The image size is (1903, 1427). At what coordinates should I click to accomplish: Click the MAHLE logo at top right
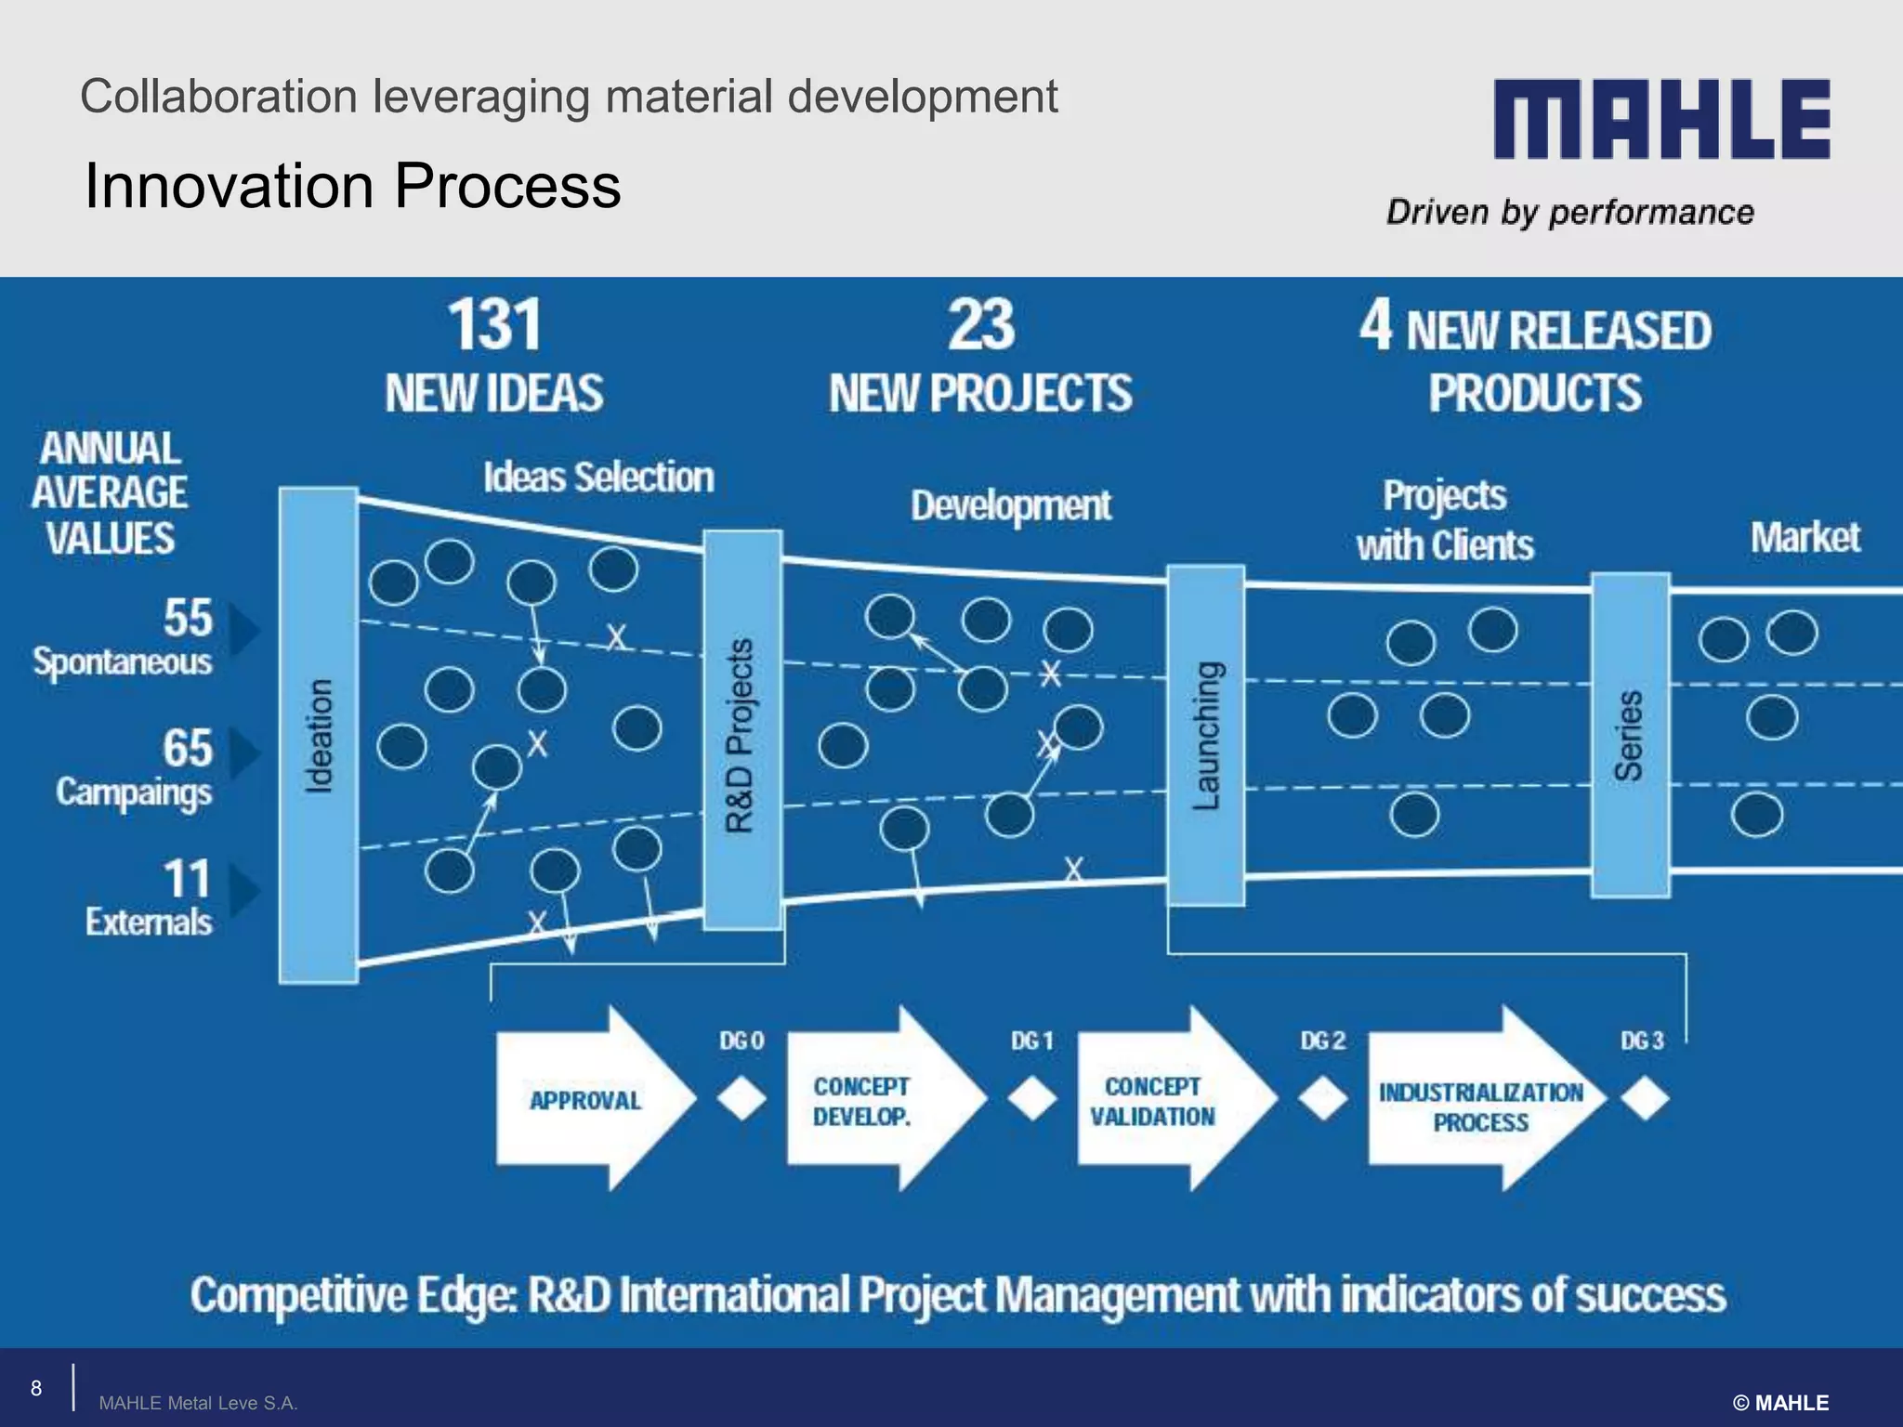pos(1661,119)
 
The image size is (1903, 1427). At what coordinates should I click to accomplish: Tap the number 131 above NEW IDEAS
pos(494,325)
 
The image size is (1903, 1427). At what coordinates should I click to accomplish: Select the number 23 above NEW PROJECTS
pos(981,325)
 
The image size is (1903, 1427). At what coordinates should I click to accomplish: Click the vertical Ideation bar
pos(319,735)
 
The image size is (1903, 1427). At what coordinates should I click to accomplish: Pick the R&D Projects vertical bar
pos(742,730)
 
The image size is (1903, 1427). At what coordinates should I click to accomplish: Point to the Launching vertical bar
pos(1205,735)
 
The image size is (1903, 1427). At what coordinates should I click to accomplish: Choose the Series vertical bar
pos(1630,735)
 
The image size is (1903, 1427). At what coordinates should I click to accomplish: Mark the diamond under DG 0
pos(742,1099)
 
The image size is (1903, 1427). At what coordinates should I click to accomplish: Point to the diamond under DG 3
pos(1645,1099)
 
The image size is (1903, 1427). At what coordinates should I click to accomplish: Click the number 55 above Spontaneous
pos(188,618)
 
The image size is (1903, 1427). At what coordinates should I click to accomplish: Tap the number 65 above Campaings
pos(188,748)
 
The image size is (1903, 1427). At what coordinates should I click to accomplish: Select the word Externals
pos(149,923)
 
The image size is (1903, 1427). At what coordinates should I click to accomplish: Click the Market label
pos(1805,537)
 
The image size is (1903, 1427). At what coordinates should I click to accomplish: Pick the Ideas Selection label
pos(598,478)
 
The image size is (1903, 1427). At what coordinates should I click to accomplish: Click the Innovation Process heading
pos(352,186)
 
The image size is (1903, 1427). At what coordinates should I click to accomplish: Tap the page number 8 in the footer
pos(36,1388)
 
